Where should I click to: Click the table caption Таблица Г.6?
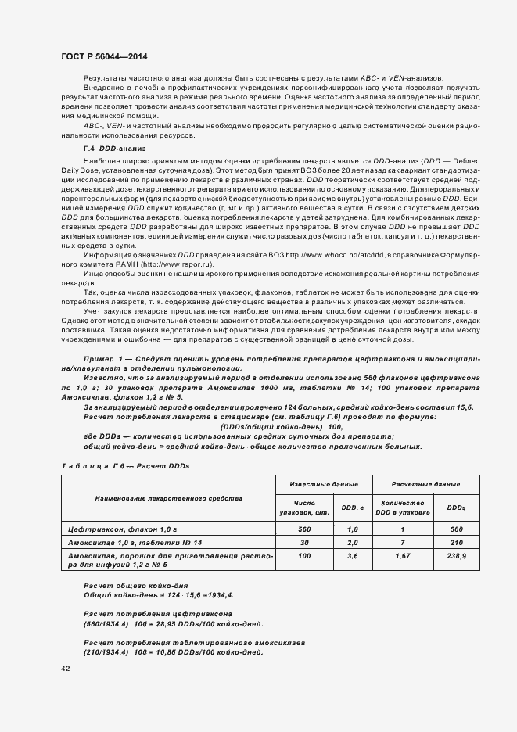125,465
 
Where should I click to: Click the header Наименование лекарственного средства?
169,497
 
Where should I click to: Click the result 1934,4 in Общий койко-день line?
217,594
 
